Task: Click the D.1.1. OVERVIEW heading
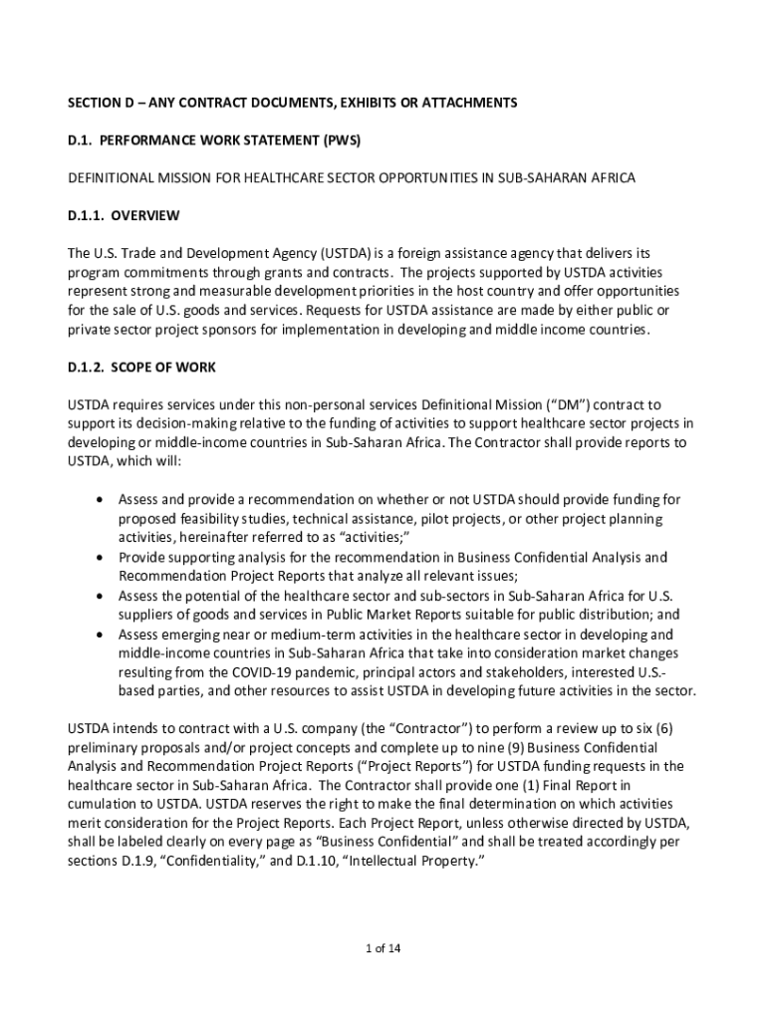point(123,215)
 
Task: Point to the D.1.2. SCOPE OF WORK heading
point(141,368)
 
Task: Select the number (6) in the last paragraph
point(661,728)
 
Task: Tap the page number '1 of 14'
point(383,947)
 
